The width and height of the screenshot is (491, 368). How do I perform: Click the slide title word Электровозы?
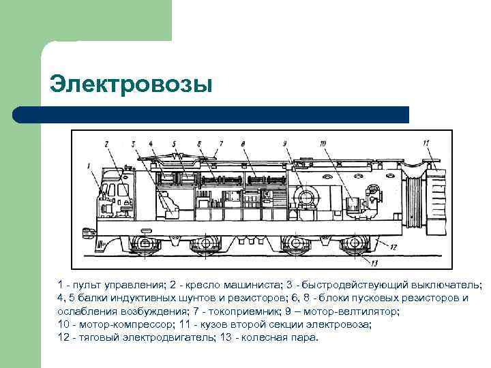(x=131, y=85)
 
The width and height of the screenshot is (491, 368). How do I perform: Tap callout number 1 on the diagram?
(x=89, y=166)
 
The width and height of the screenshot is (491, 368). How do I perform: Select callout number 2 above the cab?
(x=106, y=143)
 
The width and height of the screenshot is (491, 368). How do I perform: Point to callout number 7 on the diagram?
(x=221, y=144)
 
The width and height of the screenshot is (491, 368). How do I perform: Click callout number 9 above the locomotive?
(x=284, y=144)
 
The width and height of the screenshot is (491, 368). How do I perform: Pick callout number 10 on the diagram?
(x=323, y=143)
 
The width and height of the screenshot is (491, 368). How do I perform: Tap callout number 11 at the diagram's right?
(x=426, y=143)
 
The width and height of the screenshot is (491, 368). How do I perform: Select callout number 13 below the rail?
(x=374, y=262)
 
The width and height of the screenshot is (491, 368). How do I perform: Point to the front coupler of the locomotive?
(x=89, y=232)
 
